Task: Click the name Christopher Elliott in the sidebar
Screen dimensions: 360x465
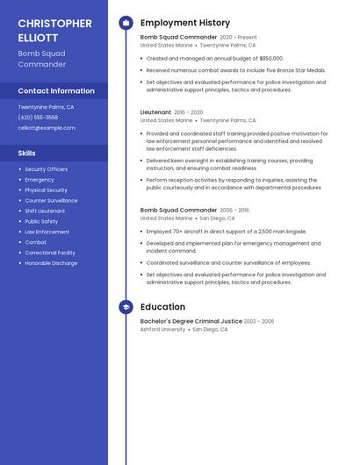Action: tap(54, 31)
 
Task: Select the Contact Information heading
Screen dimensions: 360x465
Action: tap(56, 91)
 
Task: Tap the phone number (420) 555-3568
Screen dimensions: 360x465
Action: tap(38, 118)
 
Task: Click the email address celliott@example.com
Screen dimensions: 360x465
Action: tap(47, 128)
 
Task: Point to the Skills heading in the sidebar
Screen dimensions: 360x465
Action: tap(27, 153)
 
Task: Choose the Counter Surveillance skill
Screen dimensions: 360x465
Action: tap(51, 200)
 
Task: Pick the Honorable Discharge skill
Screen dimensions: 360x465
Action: tap(51, 263)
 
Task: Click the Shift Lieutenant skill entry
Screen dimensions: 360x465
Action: tap(45, 211)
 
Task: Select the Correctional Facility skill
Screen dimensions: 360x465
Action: tap(49, 253)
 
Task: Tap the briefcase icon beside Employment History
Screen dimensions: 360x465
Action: tap(126, 23)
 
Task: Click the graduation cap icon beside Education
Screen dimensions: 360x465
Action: tap(126, 307)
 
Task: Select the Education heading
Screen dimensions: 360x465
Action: tap(162, 307)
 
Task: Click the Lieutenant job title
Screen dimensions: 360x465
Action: tap(155, 112)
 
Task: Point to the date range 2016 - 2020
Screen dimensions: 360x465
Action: tap(188, 112)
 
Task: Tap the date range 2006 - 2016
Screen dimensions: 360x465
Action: tap(234, 211)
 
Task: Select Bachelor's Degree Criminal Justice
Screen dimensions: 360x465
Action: tap(191, 321)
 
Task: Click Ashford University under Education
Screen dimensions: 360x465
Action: tap(162, 330)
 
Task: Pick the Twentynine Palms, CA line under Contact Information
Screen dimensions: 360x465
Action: tap(46, 107)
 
